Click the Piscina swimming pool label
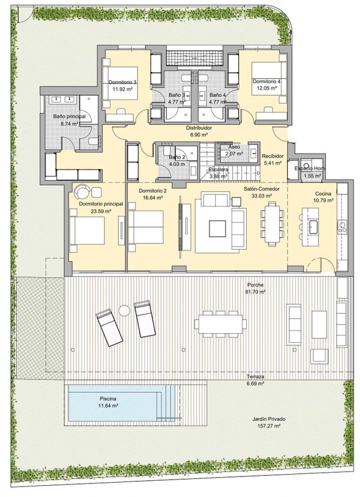(x=108, y=399)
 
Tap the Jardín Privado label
(x=269, y=419)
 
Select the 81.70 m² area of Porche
(x=256, y=291)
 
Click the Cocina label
(x=323, y=194)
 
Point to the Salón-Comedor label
(x=262, y=189)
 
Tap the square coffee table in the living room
(x=217, y=229)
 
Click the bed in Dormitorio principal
(x=87, y=230)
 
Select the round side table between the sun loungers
(x=124, y=310)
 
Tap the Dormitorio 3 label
(x=122, y=82)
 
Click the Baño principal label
(x=69, y=116)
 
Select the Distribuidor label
(x=198, y=128)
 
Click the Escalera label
(x=218, y=170)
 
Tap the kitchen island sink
(x=314, y=227)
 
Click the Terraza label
(x=256, y=377)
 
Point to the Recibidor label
(x=272, y=157)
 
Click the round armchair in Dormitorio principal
(x=81, y=191)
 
